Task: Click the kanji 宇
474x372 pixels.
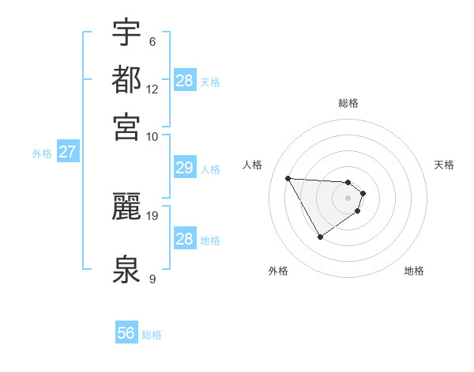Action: (x=127, y=33)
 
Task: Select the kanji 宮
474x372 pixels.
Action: (x=127, y=126)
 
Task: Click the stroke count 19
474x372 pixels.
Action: (x=152, y=214)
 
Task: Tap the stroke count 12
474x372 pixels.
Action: (x=152, y=89)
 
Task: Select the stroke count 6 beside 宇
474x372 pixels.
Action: (x=152, y=42)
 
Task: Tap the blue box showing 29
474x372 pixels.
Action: (x=184, y=168)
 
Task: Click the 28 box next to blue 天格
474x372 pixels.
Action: (x=184, y=81)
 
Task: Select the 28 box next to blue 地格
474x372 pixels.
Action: (x=184, y=239)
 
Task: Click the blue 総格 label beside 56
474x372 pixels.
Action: (x=152, y=335)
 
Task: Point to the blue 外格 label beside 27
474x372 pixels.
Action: (x=42, y=154)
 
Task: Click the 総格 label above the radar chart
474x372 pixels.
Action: (x=348, y=103)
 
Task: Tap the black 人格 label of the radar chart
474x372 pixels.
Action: (x=253, y=165)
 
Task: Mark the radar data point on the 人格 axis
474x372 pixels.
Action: (x=288, y=177)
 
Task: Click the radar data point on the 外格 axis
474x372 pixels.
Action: (x=320, y=237)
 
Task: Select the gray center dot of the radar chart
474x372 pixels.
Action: (x=348, y=197)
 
